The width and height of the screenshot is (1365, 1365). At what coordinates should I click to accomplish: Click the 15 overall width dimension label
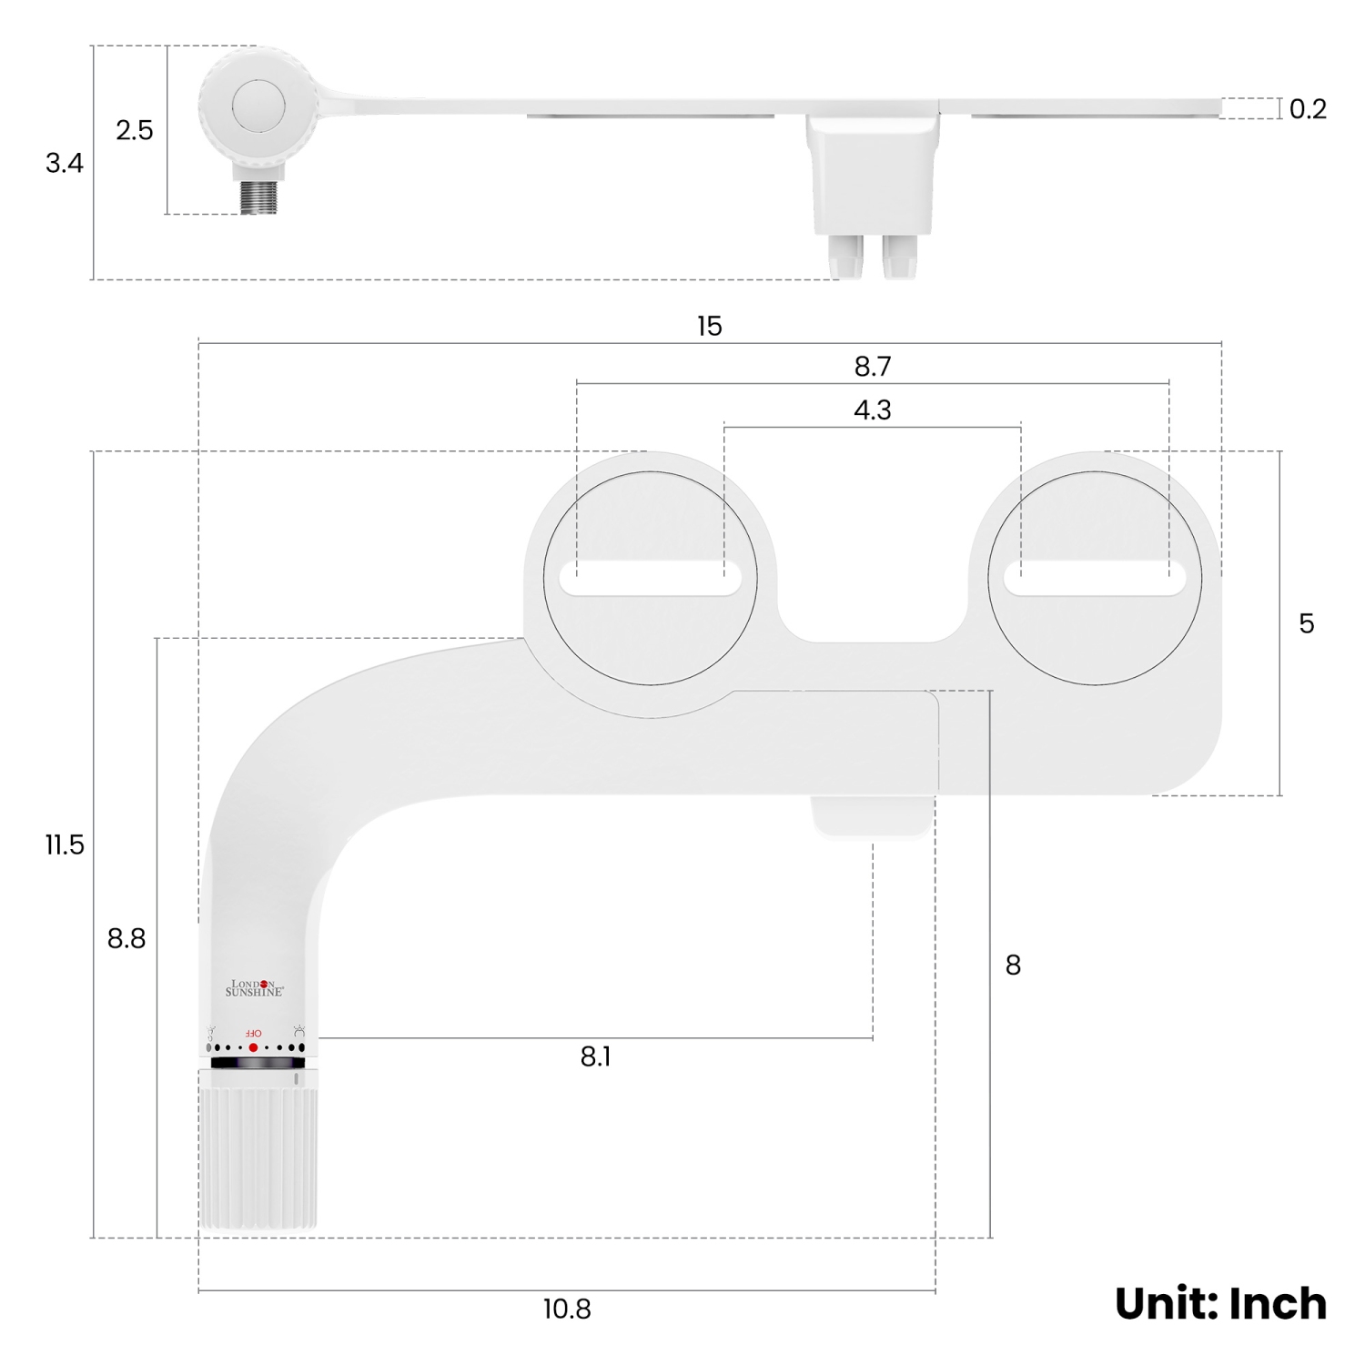click(x=709, y=326)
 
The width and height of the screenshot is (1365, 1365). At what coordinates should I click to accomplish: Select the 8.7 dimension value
click(x=872, y=367)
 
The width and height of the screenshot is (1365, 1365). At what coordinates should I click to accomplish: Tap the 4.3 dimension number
click(x=872, y=410)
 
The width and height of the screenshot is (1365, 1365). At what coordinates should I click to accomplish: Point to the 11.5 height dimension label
click(x=65, y=845)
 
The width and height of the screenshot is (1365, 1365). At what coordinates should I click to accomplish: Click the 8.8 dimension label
click(x=126, y=938)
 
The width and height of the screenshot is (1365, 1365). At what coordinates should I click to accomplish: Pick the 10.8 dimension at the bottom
click(x=567, y=1309)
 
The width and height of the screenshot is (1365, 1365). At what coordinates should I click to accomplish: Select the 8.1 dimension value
click(x=595, y=1057)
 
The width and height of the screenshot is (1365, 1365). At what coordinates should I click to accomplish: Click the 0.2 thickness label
click(x=1308, y=109)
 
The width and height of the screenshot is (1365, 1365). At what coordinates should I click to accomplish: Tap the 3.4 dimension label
click(x=65, y=163)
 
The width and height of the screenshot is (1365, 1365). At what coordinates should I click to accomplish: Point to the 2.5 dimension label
click(x=134, y=130)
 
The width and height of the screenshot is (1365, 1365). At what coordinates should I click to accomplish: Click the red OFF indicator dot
click(x=253, y=1047)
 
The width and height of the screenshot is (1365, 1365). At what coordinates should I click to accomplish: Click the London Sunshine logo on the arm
click(x=255, y=987)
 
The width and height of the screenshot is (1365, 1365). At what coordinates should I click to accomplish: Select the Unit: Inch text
click(x=1220, y=1303)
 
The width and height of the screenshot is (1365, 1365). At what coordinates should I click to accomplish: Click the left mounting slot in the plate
click(x=651, y=580)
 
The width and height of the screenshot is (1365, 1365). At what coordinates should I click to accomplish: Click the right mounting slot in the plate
click(x=1095, y=580)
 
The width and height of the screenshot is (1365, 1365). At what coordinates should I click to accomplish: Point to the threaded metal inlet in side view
click(x=258, y=197)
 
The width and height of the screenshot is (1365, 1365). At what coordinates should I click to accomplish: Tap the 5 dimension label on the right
click(x=1306, y=624)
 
